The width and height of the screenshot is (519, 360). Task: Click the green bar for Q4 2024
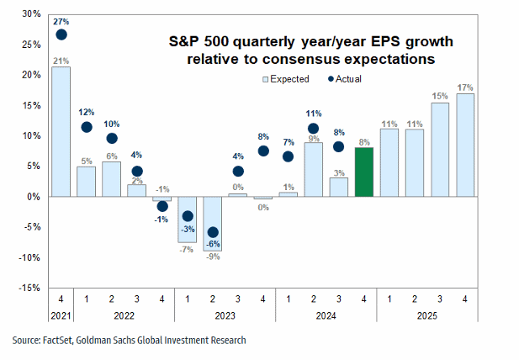click(x=363, y=172)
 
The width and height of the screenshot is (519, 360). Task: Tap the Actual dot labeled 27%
click(x=61, y=34)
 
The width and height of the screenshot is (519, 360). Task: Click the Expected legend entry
click(x=286, y=79)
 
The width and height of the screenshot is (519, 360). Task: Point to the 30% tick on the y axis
click(x=29, y=14)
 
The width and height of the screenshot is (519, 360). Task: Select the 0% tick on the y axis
click(x=32, y=197)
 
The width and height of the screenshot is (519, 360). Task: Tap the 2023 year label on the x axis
click(x=225, y=315)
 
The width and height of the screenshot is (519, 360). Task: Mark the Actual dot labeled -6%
click(x=213, y=232)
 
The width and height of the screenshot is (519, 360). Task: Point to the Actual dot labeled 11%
click(x=313, y=129)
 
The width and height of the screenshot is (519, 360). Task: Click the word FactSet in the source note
click(x=61, y=341)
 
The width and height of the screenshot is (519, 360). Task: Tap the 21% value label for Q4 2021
click(x=61, y=60)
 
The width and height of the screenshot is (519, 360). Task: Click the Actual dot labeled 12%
click(x=87, y=127)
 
